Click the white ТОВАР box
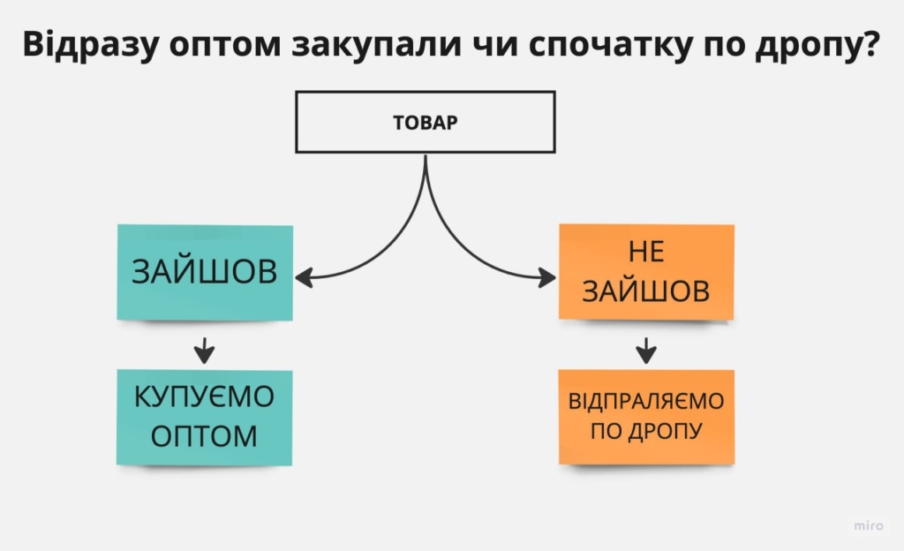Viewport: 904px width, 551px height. point(426,123)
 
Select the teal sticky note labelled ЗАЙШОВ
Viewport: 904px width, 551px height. point(205,272)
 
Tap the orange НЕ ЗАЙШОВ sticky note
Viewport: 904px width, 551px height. point(646,271)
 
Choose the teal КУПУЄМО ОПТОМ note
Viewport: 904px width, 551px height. point(204,417)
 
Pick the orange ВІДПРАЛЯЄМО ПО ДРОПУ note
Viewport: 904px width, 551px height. point(646,417)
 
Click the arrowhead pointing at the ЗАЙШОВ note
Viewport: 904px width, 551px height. point(304,278)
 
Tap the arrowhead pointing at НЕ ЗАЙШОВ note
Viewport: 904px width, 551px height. point(547,278)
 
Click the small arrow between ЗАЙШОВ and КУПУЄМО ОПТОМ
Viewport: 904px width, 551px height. point(205,351)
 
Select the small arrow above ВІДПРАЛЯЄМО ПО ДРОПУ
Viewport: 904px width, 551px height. point(646,351)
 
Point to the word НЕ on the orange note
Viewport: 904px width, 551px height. point(645,252)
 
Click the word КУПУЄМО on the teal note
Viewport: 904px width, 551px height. point(204,397)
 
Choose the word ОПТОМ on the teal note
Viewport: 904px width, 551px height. point(204,435)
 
